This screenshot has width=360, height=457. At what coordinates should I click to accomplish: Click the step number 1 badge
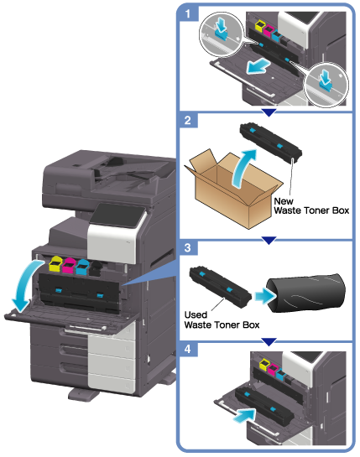(x=188, y=13)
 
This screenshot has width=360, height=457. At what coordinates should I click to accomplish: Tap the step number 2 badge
(x=188, y=120)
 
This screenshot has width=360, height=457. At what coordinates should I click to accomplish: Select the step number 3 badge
(x=188, y=247)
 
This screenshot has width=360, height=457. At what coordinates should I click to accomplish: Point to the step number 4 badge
(x=188, y=349)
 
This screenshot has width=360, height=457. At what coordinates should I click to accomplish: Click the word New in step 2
(x=284, y=201)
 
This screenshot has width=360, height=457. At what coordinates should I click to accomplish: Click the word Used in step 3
(x=196, y=314)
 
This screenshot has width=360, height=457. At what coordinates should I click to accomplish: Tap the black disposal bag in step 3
(x=305, y=293)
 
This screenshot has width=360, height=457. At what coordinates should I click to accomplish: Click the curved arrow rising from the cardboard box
(x=243, y=166)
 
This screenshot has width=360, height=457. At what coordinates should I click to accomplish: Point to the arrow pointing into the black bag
(x=265, y=296)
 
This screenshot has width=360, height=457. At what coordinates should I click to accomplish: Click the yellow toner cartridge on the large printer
(x=55, y=264)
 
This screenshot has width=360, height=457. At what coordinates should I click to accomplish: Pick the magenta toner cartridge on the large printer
(x=69, y=265)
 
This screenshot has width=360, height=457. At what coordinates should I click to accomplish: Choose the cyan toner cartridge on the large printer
(x=82, y=267)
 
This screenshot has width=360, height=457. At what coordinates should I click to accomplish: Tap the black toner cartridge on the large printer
(x=96, y=268)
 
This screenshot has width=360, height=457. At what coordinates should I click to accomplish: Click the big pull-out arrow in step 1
(x=258, y=65)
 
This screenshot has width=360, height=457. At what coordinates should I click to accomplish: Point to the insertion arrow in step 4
(x=244, y=415)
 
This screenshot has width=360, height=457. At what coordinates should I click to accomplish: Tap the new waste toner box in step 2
(x=271, y=142)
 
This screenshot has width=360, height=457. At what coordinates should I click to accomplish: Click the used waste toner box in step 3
(x=220, y=287)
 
